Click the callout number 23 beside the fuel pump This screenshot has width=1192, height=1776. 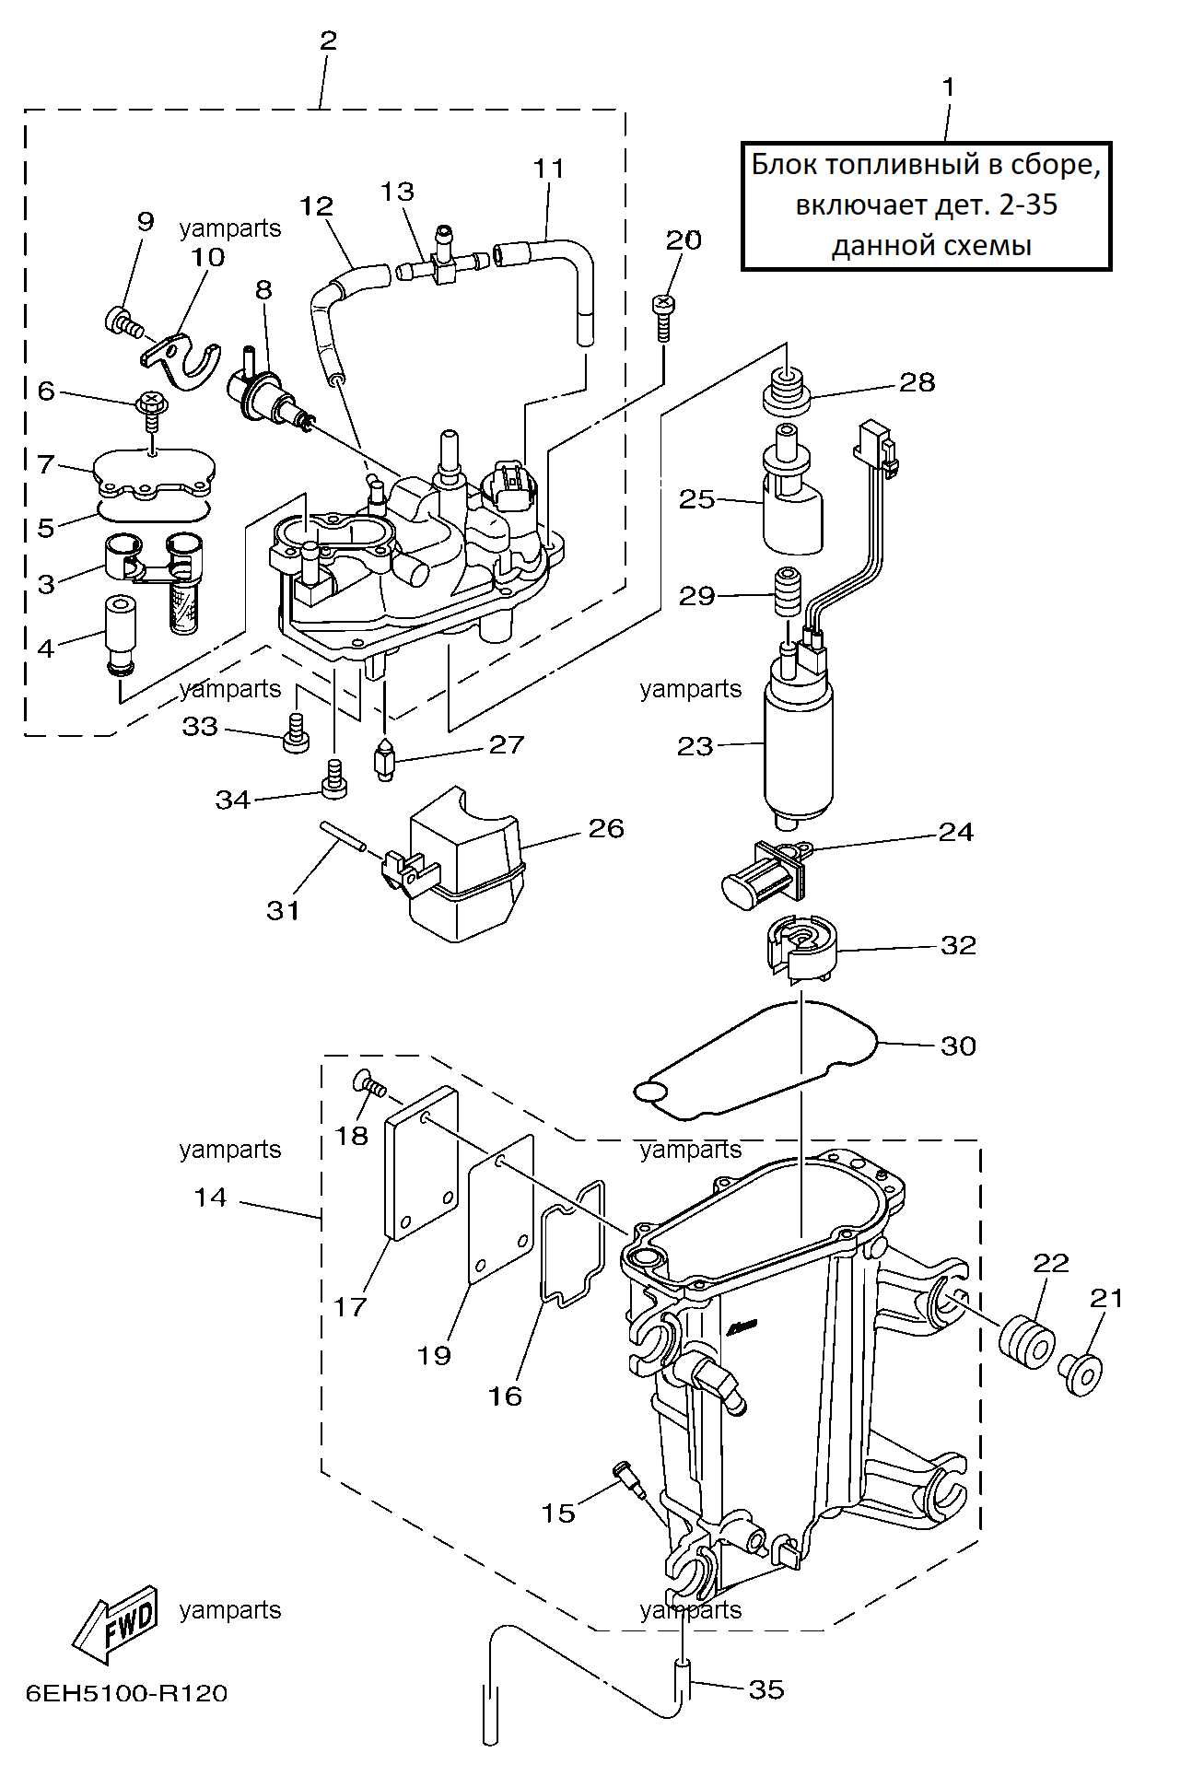click(x=695, y=746)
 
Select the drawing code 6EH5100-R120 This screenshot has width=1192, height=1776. click(x=127, y=1693)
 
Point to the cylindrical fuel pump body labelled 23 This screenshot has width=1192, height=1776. click(x=799, y=746)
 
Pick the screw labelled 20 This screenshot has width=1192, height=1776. click(x=663, y=316)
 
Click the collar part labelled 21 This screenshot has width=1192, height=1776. click(x=1081, y=1373)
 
